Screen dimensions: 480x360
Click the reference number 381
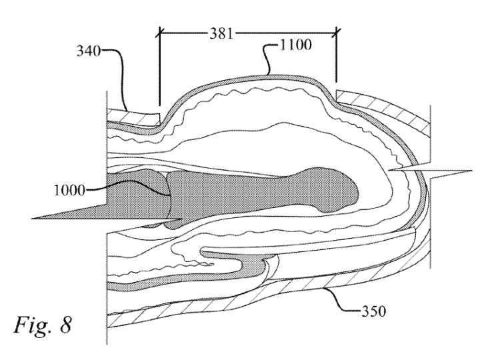point(221,33)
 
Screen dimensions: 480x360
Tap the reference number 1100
point(296,45)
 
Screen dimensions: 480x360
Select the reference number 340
point(88,51)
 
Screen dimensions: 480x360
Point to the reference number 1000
point(69,191)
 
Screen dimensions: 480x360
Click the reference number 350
point(374,311)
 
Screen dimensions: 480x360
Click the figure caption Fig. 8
point(43,325)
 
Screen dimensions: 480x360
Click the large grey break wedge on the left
point(107,211)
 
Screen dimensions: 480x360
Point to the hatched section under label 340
point(133,117)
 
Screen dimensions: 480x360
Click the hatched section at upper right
point(386,107)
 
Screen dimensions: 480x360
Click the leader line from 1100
point(270,58)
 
